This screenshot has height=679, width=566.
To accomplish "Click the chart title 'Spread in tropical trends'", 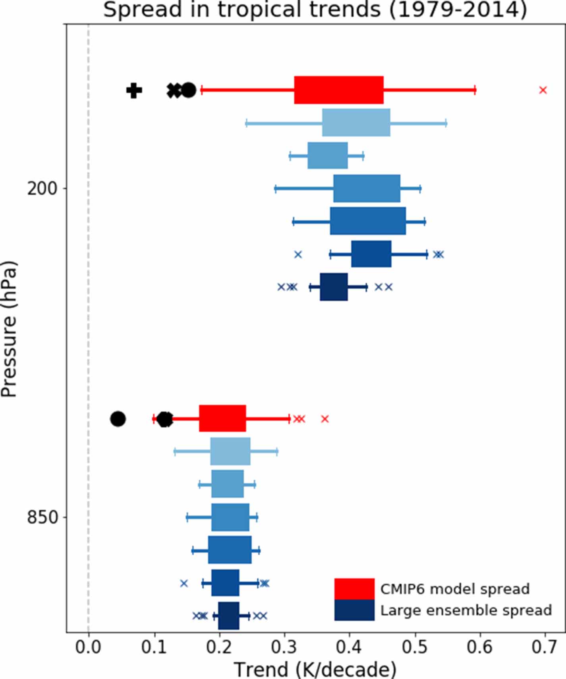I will point(315,10).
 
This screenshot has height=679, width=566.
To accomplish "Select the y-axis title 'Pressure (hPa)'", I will point(9,329).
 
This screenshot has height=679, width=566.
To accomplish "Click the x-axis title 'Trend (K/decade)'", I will point(315,669).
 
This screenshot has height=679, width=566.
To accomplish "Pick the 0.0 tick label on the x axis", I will point(88,647).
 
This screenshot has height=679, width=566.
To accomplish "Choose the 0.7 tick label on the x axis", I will point(544,647).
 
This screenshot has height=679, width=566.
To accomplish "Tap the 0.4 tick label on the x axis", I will point(349,647).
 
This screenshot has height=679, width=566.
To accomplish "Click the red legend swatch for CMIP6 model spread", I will point(354,589).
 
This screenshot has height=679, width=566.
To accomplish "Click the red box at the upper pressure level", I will point(339,90).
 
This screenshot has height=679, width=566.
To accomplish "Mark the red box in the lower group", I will point(222,419).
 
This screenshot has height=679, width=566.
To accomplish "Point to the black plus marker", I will point(134,91).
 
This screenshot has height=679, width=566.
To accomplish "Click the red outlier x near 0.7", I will point(543,90).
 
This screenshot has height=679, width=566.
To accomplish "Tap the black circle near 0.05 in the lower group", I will point(118,419).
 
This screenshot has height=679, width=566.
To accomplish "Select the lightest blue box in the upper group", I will point(356,123).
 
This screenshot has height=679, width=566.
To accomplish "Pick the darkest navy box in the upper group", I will point(334,287).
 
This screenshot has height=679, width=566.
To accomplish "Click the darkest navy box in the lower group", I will point(229,616).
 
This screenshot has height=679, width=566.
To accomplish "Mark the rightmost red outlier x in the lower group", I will point(325,419).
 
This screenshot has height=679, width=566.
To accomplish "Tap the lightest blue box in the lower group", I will point(230,451).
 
